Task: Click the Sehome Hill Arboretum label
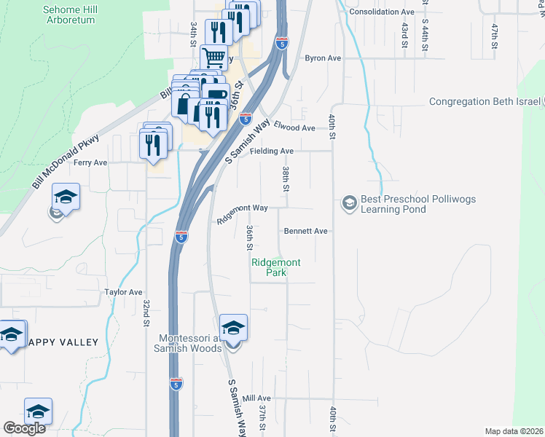(x=69, y=15)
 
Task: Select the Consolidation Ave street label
(x=382, y=12)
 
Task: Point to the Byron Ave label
(x=324, y=58)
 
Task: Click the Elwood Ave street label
(x=294, y=128)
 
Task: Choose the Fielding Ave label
(x=271, y=151)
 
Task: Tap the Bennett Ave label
(x=306, y=231)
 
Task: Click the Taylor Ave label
(x=123, y=291)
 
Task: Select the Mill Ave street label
(x=256, y=398)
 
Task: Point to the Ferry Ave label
(x=90, y=162)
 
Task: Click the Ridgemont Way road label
(x=243, y=212)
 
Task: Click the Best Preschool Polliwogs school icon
(x=350, y=202)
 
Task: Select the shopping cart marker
(x=213, y=56)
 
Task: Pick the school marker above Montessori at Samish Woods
(x=233, y=328)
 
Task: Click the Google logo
(x=24, y=428)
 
